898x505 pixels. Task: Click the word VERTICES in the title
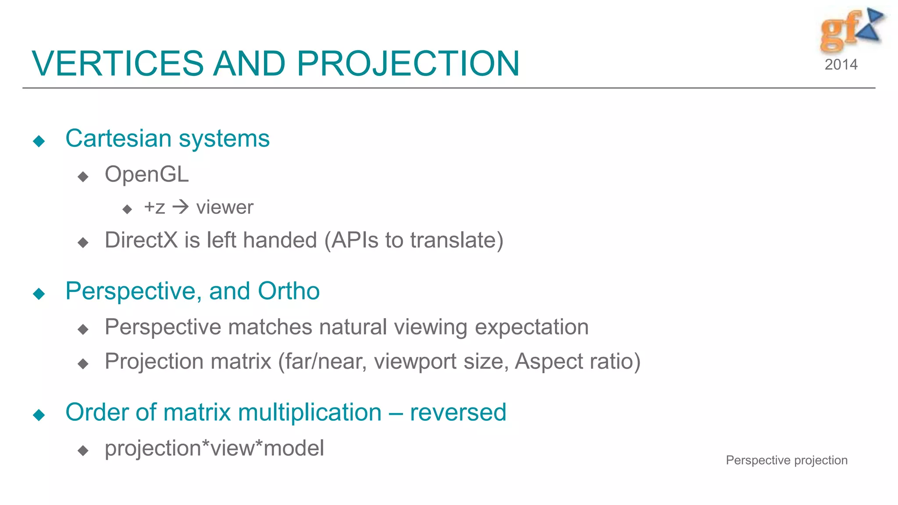coord(118,64)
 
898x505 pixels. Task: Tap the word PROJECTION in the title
coord(408,64)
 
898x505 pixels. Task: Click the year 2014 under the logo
coord(841,65)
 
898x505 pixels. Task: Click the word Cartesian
coord(118,139)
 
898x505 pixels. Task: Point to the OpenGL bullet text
coord(146,174)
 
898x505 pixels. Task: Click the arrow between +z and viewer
coord(180,207)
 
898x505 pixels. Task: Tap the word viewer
coord(224,207)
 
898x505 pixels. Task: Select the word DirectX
coord(141,240)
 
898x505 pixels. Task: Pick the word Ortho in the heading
coord(289,291)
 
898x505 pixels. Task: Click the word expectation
coord(531,327)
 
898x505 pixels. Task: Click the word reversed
coord(458,413)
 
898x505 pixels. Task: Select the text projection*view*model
coord(214,448)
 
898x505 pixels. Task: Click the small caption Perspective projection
coord(787,460)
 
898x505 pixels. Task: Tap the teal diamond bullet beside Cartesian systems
coord(39,141)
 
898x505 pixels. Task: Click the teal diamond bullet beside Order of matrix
coord(39,415)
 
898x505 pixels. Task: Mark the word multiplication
coord(310,413)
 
